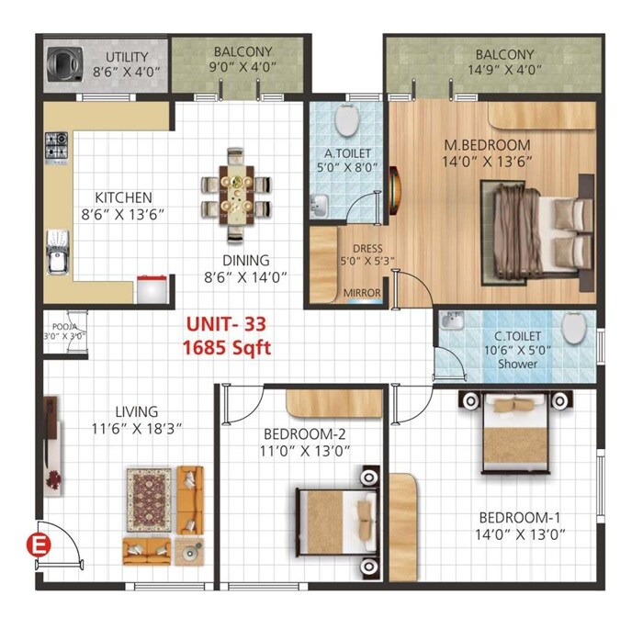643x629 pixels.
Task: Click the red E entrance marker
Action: (39, 544)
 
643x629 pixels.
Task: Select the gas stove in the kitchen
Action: (56, 144)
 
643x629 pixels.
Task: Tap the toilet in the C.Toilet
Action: (574, 329)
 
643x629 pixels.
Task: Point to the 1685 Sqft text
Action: (228, 348)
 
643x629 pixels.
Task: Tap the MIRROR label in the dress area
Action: (361, 295)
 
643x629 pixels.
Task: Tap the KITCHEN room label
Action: (123, 197)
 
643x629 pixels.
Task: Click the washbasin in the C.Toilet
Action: (452, 322)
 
